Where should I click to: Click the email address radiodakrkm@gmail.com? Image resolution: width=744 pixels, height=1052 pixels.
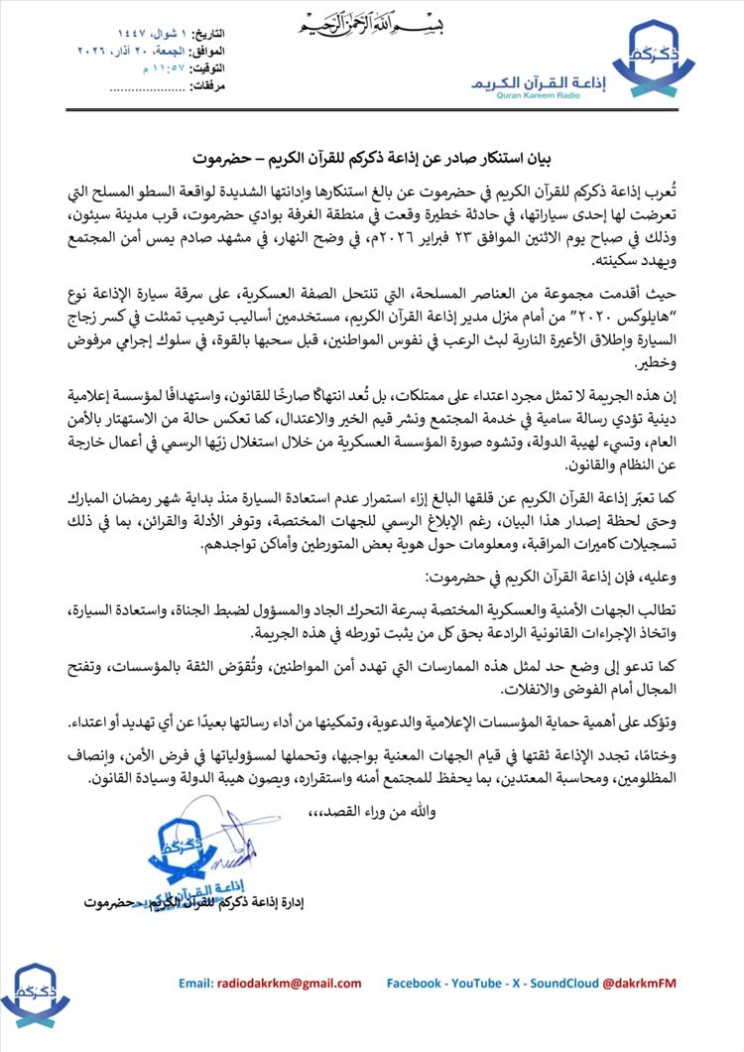[270, 983]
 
